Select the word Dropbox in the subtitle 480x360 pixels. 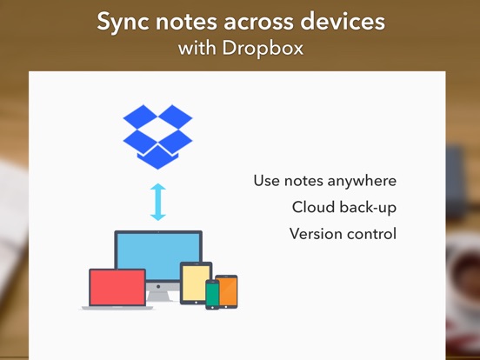[x=263, y=49]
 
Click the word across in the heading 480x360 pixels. [x=258, y=23]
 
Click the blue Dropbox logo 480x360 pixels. [x=157, y=137]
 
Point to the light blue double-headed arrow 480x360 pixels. [x=158, y=202]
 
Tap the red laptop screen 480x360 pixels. [x=117, y=287]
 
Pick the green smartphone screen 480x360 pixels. [x=212, y=294]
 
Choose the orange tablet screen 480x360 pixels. [x=228, y=291]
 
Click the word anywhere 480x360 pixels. [x=362, y=181]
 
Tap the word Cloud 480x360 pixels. [x=313, y=207]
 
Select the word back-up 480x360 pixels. [x=368, y=208]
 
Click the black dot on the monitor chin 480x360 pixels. [x=158, y=287]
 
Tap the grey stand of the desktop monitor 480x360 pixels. [x=158, y=296]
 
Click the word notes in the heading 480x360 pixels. [x=186, y=23]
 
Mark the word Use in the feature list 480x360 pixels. [x=267, y=181]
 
